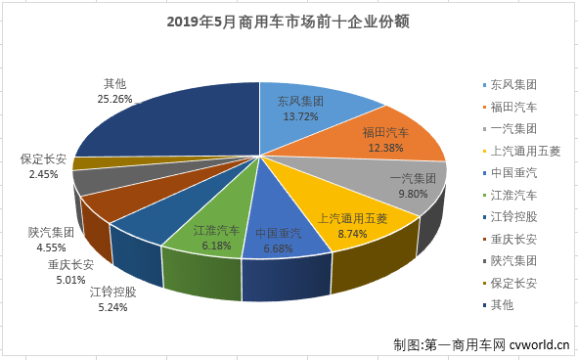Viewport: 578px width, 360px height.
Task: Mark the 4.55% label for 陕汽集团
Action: pyautogui.click(x=48, y=247)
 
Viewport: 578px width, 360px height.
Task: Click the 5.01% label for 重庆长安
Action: pyautogui.click(x=68, y=277)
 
